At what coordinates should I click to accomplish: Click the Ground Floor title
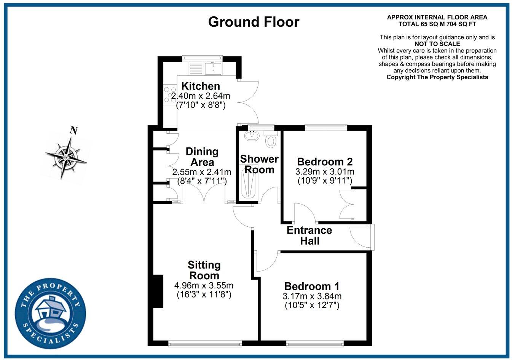pyautogui.click(x=254, y=22)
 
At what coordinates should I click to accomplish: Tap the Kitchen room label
pyautogui.click(x=200, y=86)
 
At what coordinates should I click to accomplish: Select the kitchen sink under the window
pyautogui.click(x=213, y=69)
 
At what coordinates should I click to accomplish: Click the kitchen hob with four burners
pyautogui.click(x=167, y=95)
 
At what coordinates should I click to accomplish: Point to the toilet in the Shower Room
pyautogui.click(x=271, y=140)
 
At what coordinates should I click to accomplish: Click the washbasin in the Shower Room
pyautogui.click(x=252, y=136)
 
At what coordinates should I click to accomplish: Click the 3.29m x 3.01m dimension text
pyautogui.click(x=325, y=171)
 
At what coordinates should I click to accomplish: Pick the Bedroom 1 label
pyautogui.click(x=312, y=286)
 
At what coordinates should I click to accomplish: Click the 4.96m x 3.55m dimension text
pyautogui.click(x=204, y=285)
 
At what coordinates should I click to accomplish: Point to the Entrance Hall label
pyautogui.click(x=309, y=235)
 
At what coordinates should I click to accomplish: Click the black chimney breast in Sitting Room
pyautogui.click(x=158, y=291)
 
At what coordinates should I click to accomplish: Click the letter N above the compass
pyautogui.click(x=74, y=131)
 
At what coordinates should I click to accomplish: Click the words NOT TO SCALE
pyautogui.click(x=437, y=44)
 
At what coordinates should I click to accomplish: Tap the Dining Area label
pyautogui.click(x=202, y=157)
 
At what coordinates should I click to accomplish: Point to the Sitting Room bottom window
pyautogui.click(x=205, y=344)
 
